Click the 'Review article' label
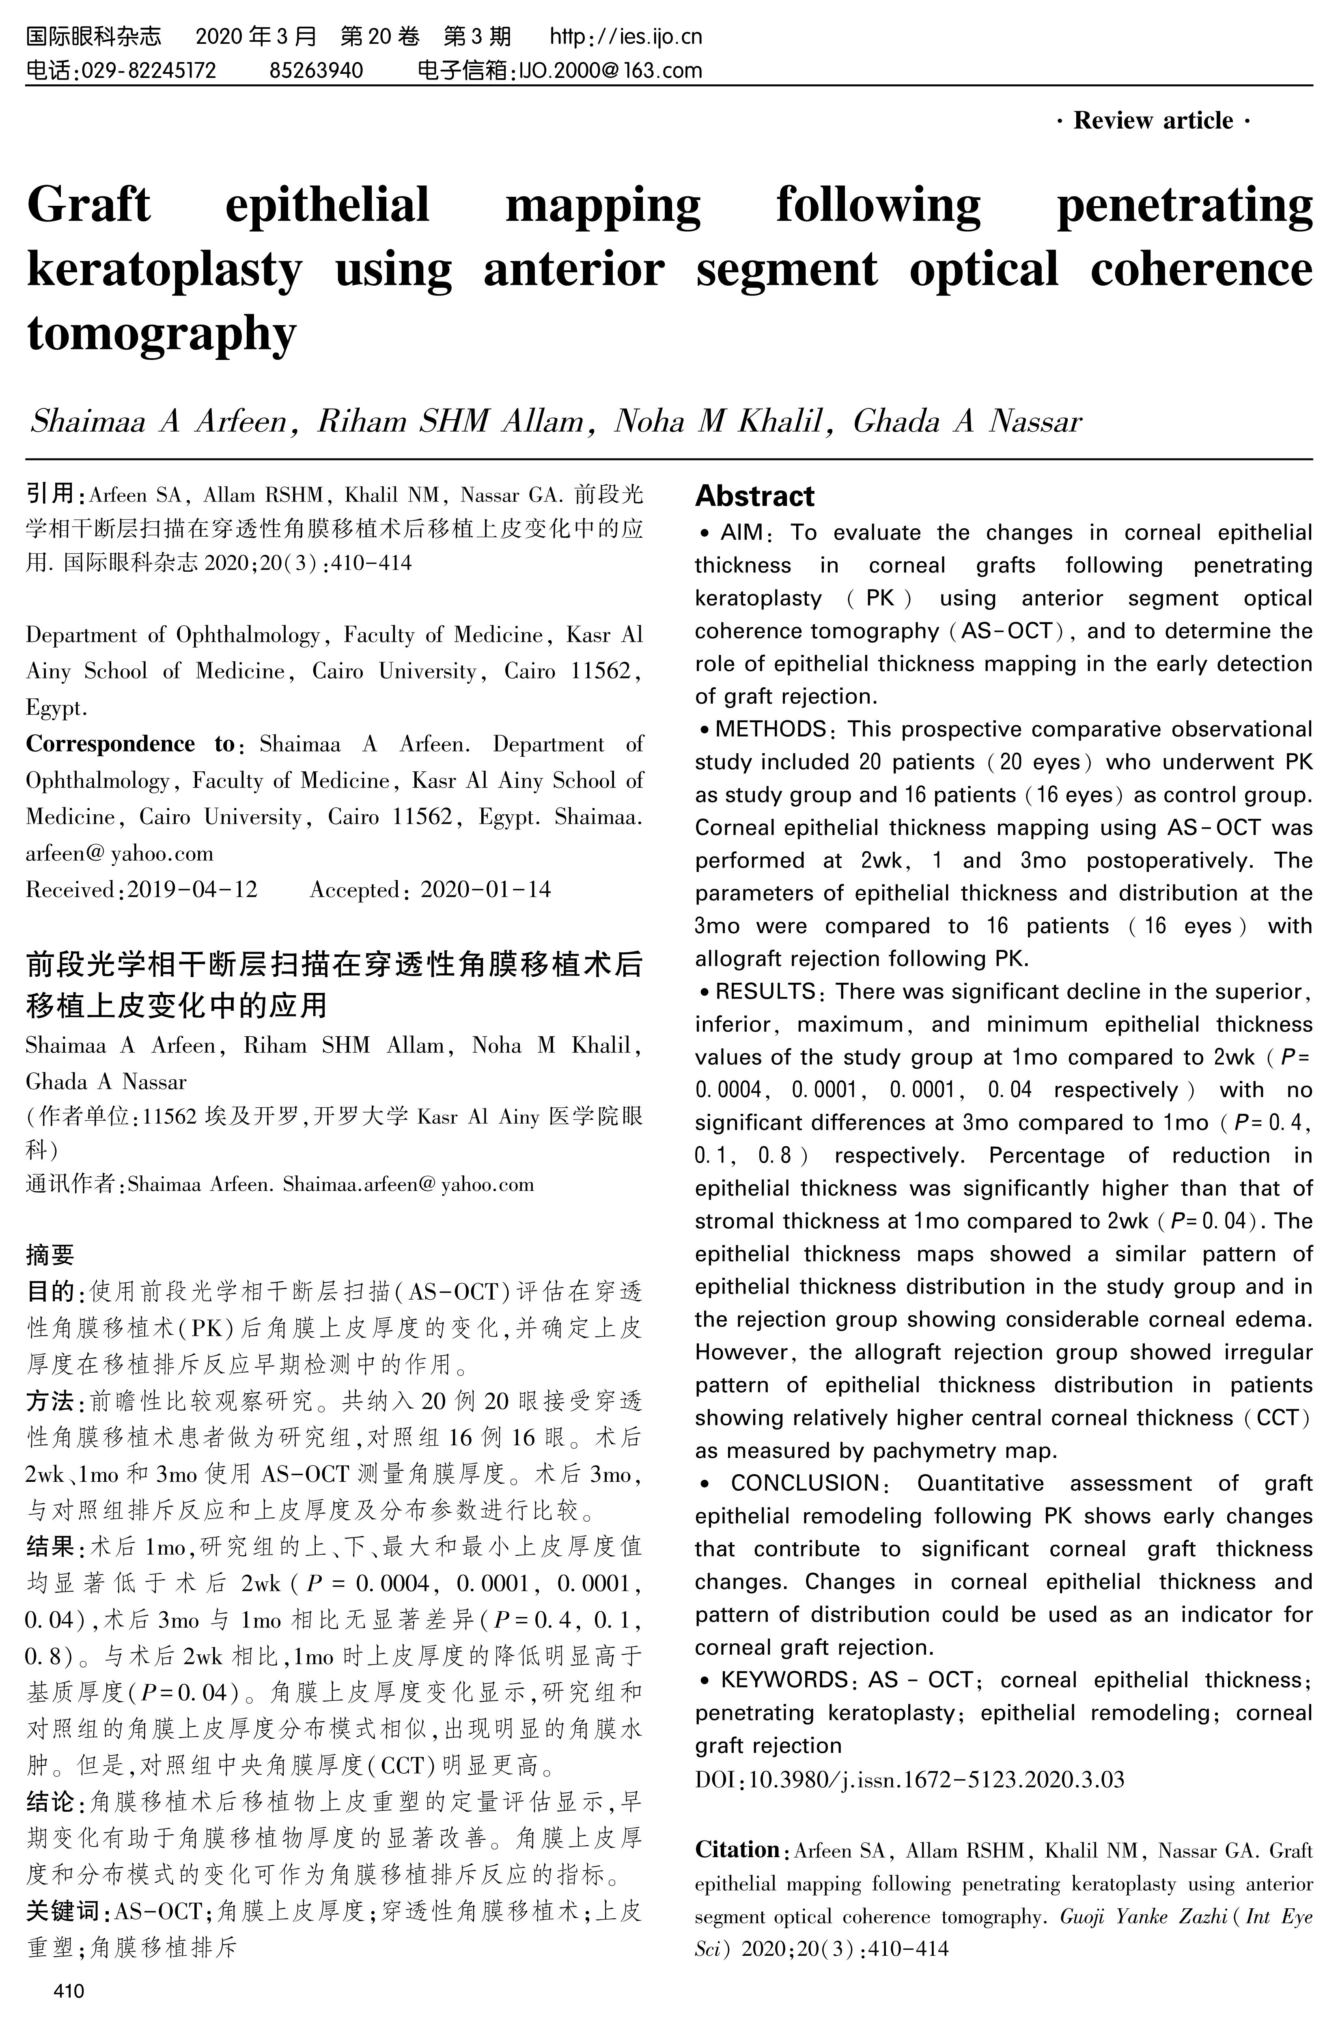point(1152,121)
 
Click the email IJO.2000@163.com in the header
point(610,70)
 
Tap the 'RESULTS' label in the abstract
point(765,991)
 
